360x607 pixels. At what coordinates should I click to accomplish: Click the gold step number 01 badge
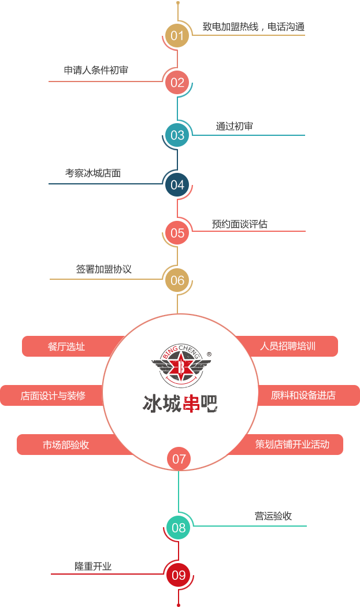(x=177, y=35)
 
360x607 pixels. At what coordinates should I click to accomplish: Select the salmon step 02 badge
(x=177, y=82)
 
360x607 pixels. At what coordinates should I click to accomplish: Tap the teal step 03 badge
(x=177, y=135)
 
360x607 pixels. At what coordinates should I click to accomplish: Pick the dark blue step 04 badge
(x=177, y=184)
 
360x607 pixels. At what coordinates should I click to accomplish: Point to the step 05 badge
(x=177, y=233)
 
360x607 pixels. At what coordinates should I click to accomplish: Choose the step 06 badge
(x=177, y=280)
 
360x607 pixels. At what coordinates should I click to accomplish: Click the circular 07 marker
(x=179, y=458)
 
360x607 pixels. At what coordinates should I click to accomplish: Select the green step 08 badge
(x=179, y=527)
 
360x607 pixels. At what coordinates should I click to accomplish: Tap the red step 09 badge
(x=179, y=575)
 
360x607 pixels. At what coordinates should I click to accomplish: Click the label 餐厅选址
(x=66, y=346)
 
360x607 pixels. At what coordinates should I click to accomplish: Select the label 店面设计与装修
(x=53, y=395)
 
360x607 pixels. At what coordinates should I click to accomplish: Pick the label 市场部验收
(x=66, y=445)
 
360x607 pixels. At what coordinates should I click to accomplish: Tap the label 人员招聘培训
(x=288, y=346)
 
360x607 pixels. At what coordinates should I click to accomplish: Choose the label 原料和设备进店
(x=303, y=395)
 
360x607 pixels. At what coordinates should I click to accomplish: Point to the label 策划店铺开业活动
(x=292, y=445)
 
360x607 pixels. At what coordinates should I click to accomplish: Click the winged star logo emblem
(x=181, y=366)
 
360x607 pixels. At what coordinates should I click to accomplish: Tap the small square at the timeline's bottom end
(x=179, y=605)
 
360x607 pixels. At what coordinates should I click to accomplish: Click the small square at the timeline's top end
(x=177, y=2)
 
